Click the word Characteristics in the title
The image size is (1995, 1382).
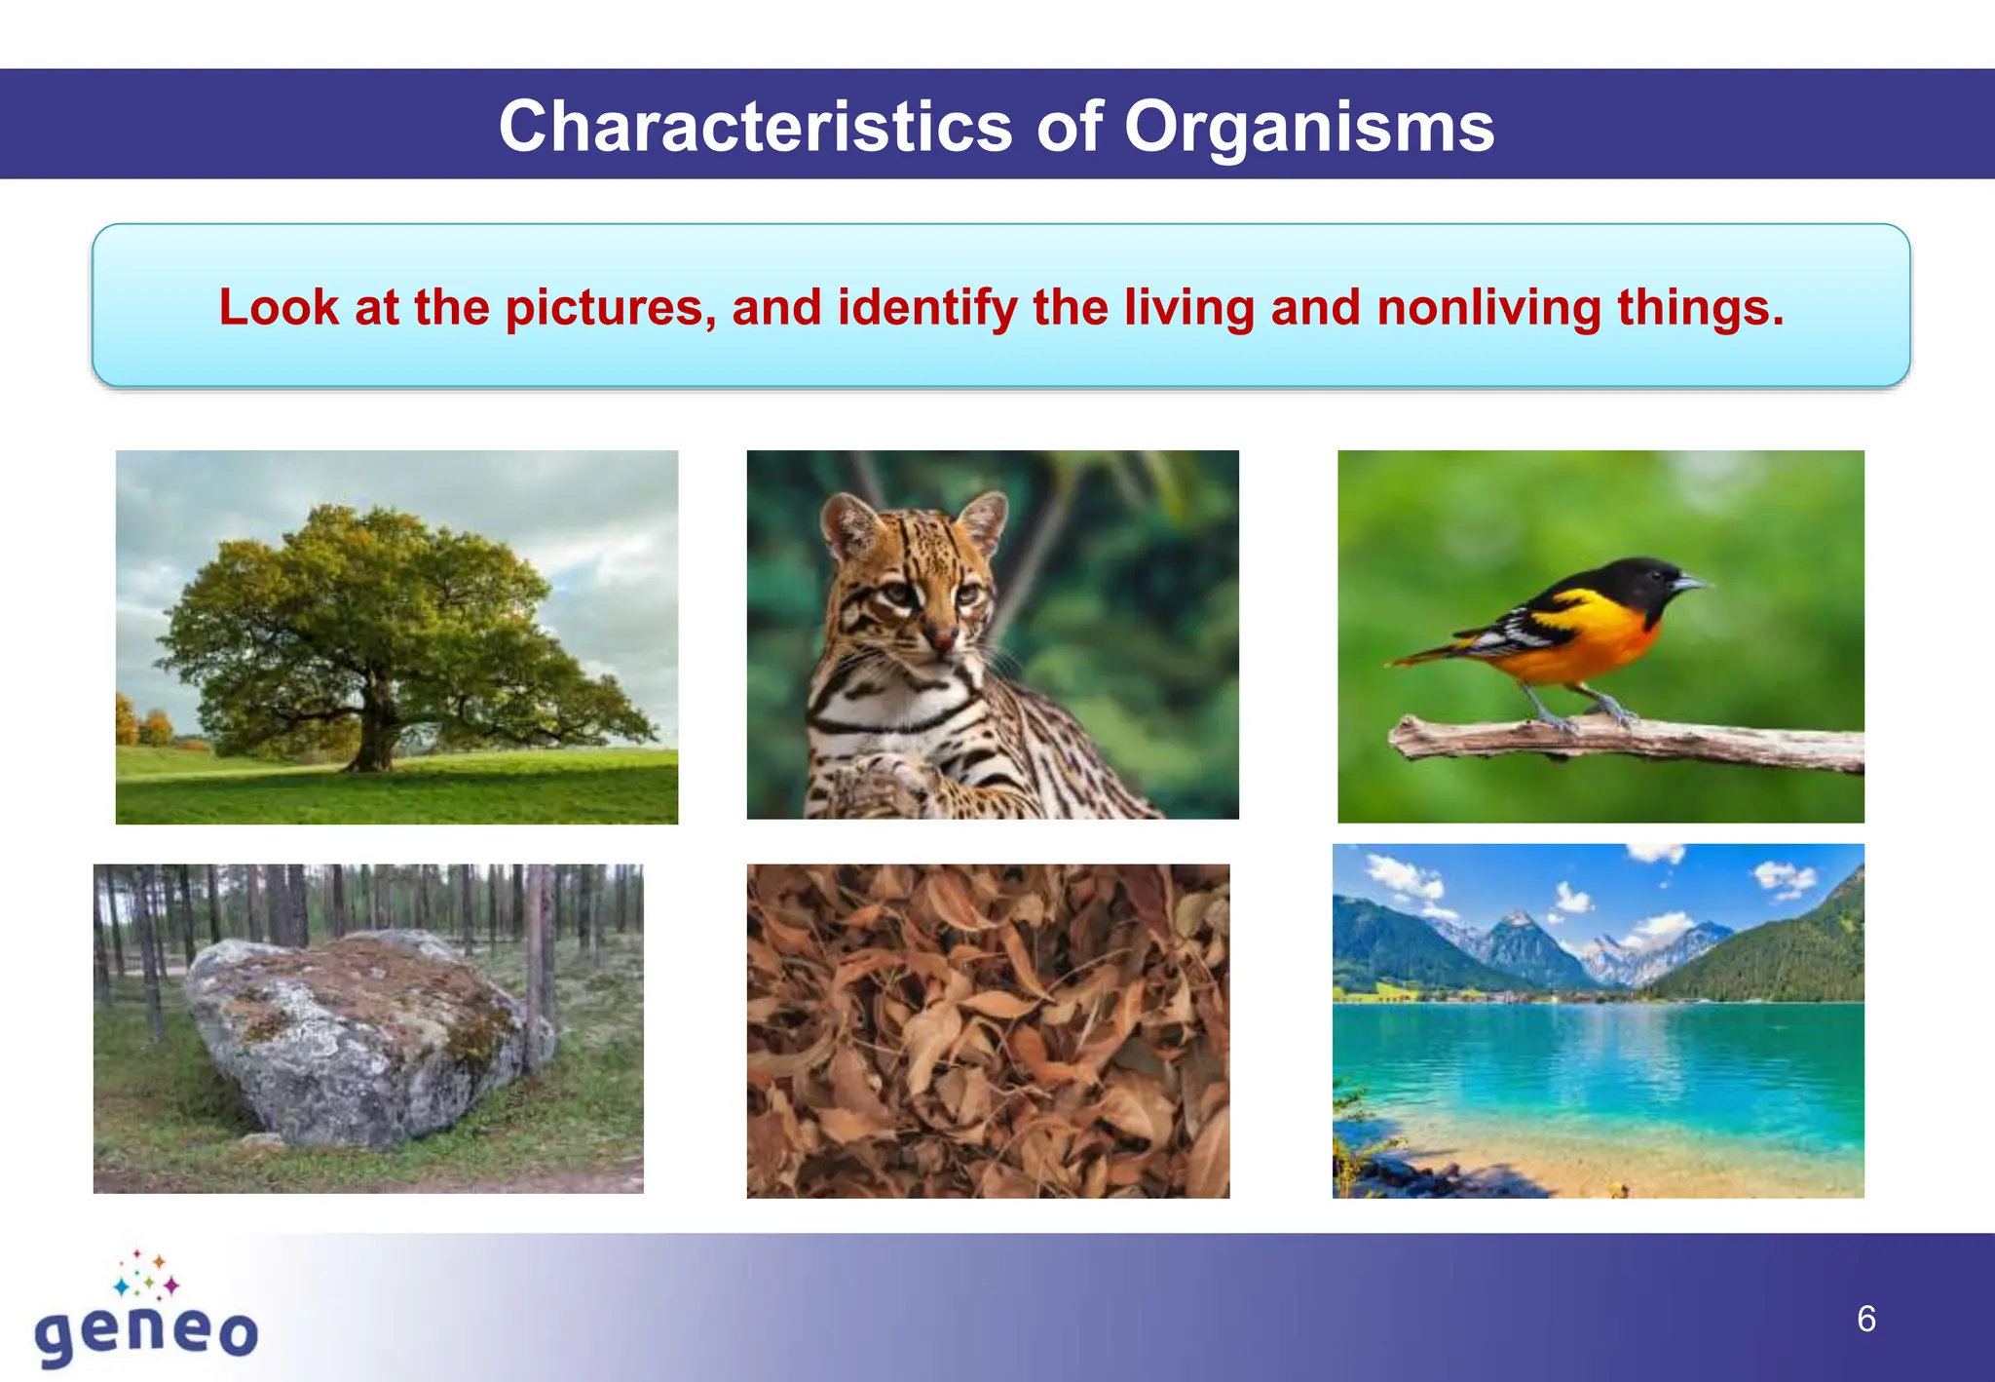pos(755,128)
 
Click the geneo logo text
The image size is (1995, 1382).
pos(146,1332)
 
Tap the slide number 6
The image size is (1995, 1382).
pos(1865,1320)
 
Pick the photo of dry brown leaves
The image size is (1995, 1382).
pos(987,1031)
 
